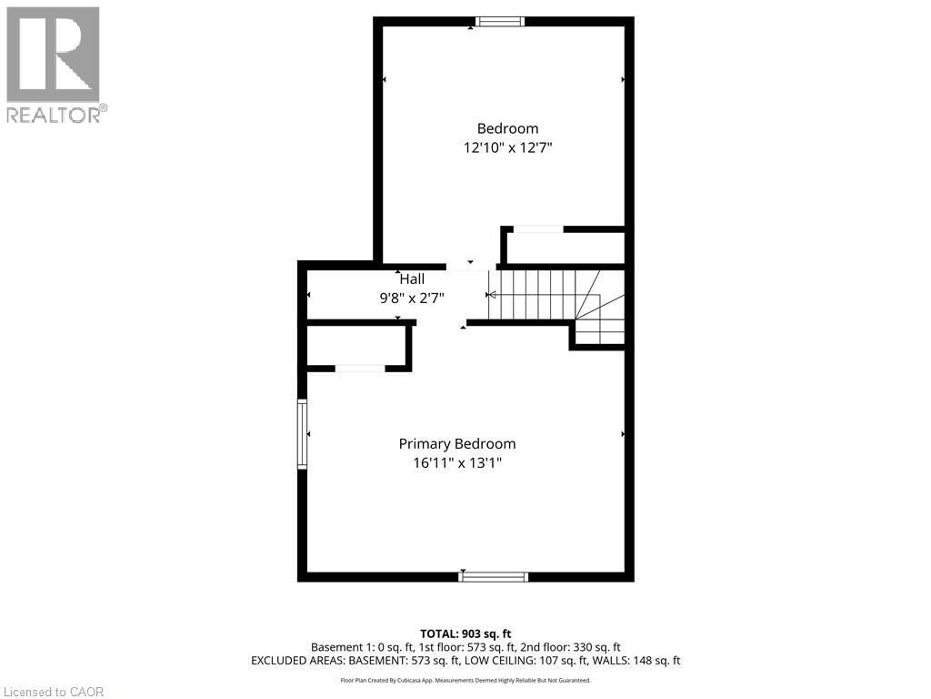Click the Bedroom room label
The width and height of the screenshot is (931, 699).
coord(507,128)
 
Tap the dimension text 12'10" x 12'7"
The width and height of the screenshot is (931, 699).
coord(507,147)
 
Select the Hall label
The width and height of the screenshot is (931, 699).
coord(412,279)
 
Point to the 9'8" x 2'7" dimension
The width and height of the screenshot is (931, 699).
coord(412,297)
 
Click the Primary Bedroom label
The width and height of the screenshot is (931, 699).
coord(457,443)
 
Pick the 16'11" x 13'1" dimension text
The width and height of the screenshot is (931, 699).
coord(457,462)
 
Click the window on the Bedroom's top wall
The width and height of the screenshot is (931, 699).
coord(501,22)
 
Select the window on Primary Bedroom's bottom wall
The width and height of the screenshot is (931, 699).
coord(494,575)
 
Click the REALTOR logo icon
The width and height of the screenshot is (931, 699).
coord(53,55)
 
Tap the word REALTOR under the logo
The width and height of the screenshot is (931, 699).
coord(54,115)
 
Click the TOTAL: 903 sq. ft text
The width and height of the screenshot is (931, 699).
coord(465,633)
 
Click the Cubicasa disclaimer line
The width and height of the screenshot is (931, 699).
coord(465,680)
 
